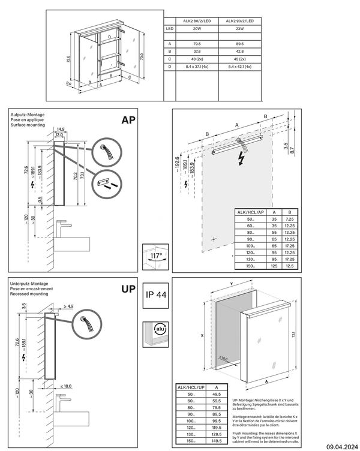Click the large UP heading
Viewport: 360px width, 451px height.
tap(128, 289)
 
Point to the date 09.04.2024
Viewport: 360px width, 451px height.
tap(342, 445)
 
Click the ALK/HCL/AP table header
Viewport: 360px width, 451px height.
tap(250, 212)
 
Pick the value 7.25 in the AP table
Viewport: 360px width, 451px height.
tap(290, 220)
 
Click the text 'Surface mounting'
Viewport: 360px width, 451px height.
tap(29, 124)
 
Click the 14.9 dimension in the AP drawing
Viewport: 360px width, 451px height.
tap(61, 129)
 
